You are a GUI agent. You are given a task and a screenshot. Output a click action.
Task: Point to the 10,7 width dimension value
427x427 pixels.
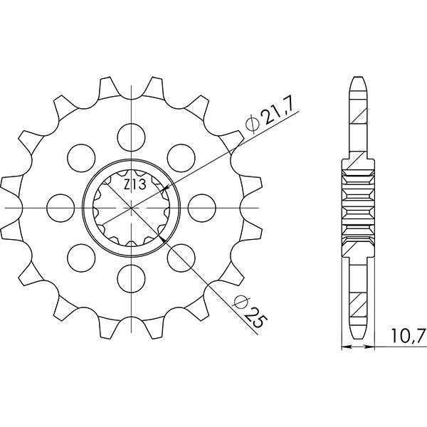click(404, 335)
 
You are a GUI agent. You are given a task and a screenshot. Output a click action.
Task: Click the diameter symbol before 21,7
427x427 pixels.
click(251, 128)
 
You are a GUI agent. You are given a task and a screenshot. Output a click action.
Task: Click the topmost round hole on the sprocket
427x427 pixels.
click(132, 133)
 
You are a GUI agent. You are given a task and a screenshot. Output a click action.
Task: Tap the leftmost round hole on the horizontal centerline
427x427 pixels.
click(58, 206)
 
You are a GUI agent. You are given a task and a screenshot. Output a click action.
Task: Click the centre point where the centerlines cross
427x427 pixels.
click(132, 206)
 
